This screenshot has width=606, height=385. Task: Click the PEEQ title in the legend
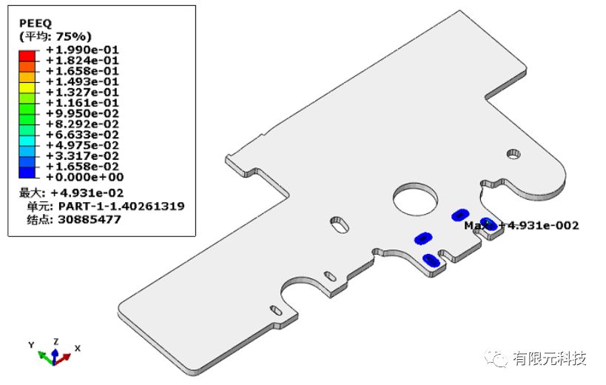coord(36,24)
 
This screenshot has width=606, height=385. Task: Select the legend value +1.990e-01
coord(82,50)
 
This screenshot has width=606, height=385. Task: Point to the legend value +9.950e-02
coord(82,113)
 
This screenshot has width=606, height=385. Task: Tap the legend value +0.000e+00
coord(84,178)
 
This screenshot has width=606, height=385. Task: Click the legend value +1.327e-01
coord(82,93)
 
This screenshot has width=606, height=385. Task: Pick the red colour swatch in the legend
coord(27,56)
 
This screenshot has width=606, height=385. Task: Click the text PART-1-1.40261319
coord(121,206)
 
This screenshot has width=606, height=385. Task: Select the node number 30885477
coord(90,220)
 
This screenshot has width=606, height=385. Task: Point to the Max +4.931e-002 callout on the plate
coord(522,225)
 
